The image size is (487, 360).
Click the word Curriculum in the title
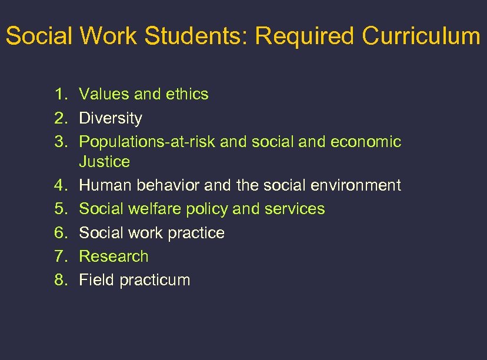click(x=421, y=36)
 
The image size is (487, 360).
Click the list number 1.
click(x=60, y=94)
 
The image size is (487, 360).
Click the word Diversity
click(x=111, y=118)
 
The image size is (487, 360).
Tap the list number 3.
click(x=60, y=142)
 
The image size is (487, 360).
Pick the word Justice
click(x=104, y=161)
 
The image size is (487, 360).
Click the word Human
click(x=105, y=185)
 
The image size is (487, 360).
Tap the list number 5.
click(x=60, y=209)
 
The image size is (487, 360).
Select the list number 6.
click(x=60, y=233)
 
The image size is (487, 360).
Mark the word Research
click(x=114, y=256)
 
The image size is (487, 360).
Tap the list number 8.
click(x=60, y=280)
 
